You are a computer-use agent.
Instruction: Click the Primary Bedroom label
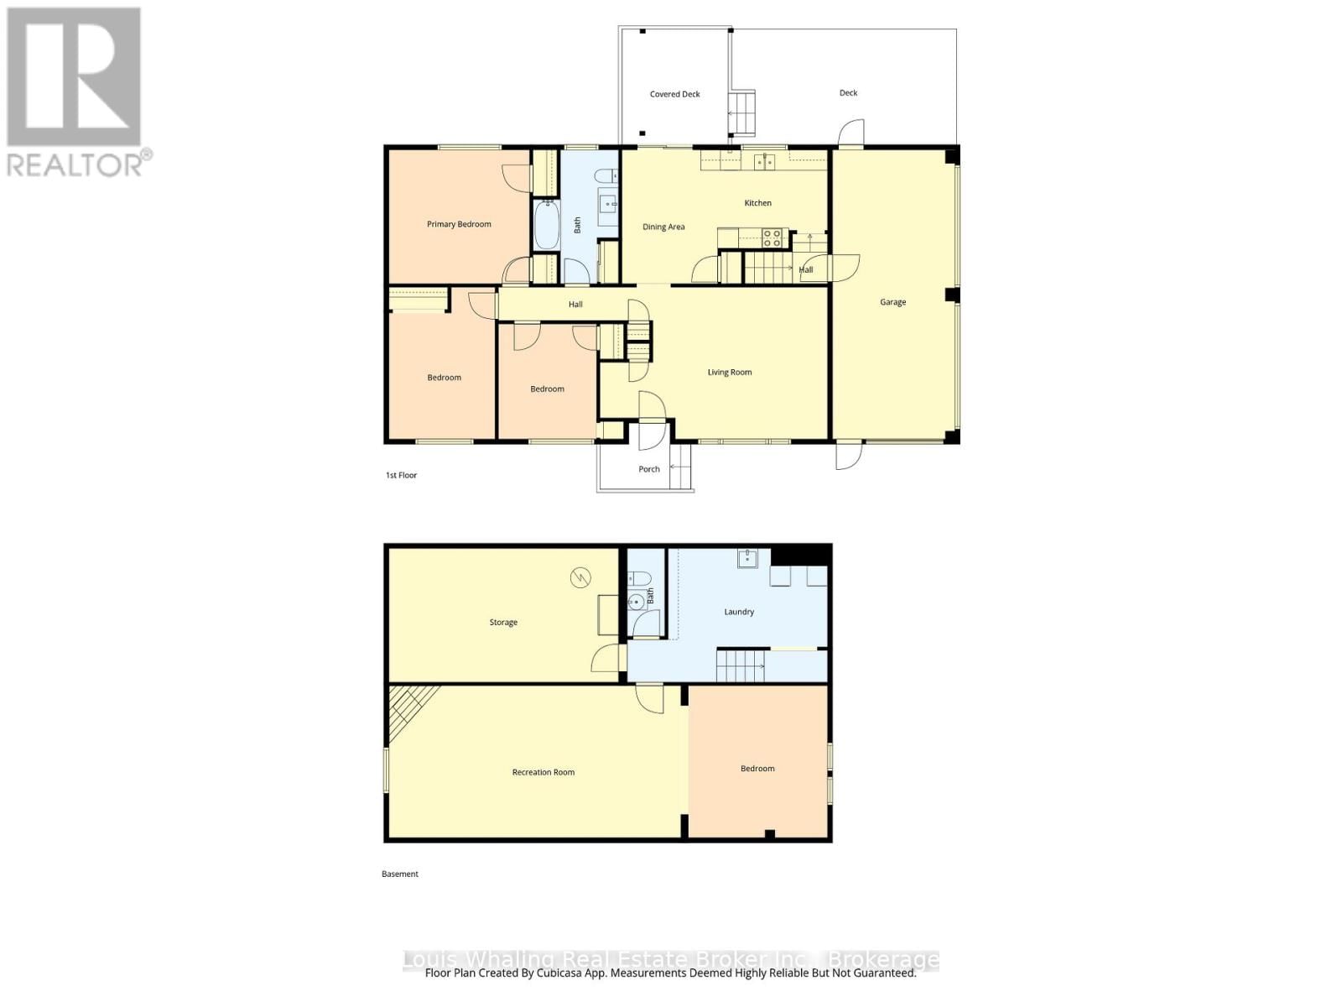click(459, 224)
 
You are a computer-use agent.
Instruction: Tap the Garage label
click(892, 302)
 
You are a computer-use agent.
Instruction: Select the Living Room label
click(729, 373)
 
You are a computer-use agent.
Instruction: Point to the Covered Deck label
click(674, 95)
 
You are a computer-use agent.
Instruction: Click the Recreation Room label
click(543, 772)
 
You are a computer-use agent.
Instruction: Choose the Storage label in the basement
click(503, 623)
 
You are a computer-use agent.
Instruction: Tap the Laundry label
click(739, 613)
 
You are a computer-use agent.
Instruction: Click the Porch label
click(648, 469)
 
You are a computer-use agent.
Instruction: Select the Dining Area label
click(663, 227)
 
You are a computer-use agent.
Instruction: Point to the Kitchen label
click(757, 203)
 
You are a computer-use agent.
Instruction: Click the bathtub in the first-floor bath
click(546, 225)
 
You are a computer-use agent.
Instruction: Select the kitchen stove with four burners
click(772, 238)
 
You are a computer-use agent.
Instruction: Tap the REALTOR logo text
click(79, 163)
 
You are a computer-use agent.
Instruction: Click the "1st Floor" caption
click(401, 476)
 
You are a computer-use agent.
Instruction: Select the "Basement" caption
click(399, 874)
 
